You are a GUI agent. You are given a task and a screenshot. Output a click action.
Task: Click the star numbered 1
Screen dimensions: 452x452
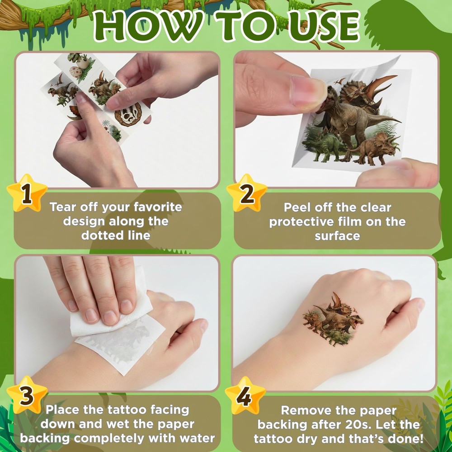27,193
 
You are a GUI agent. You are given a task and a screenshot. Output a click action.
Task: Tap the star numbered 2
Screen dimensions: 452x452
247,193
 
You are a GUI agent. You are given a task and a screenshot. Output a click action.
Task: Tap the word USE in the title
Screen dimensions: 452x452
324,27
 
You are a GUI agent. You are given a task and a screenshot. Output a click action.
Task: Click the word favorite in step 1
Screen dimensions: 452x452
158,207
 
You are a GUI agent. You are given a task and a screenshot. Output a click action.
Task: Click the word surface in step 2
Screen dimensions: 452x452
337,236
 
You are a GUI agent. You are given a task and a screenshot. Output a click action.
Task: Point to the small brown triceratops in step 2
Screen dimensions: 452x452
375,148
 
